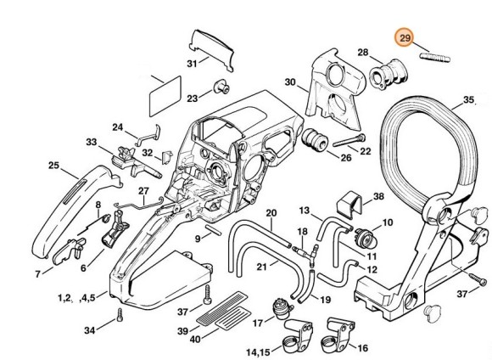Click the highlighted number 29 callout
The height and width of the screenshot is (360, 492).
[x=405, y=40]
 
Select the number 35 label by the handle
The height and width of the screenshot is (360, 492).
[x=468, y=100]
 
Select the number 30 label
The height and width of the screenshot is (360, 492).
[x=289, y=83]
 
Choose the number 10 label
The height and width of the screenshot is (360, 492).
[x=388, y=222]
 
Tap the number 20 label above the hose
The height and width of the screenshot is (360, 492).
[x=270, y=212]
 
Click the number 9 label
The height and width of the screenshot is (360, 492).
[x=198, y=239]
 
